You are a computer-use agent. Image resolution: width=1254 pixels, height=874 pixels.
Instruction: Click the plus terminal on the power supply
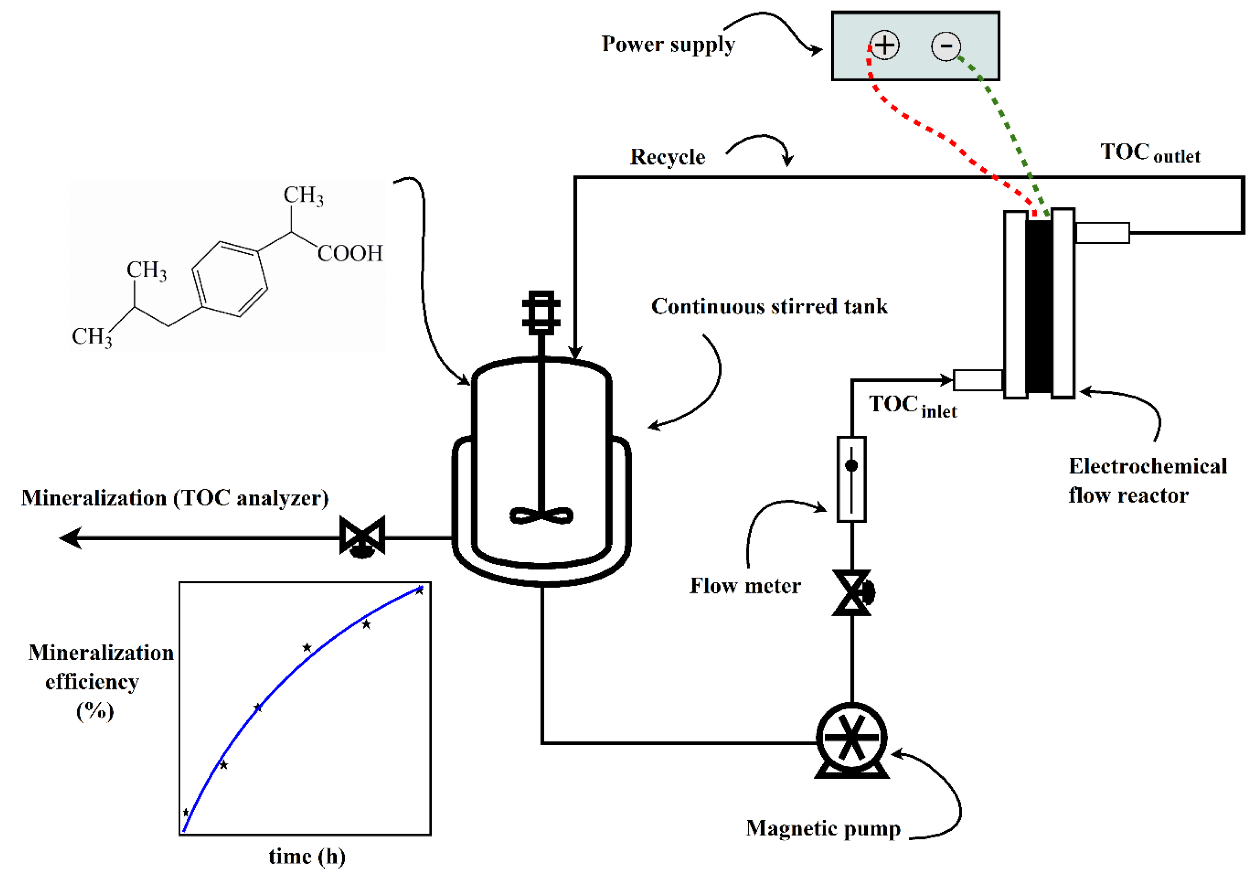pos(884,46)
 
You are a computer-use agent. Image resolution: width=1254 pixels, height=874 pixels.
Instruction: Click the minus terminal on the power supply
pos(945,46)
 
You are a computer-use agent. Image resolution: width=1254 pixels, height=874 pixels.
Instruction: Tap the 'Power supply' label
pos(668,44)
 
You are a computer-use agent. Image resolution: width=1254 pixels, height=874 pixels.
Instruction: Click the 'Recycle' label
pos(668,157)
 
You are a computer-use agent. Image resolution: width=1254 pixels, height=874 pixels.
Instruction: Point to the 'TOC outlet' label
pos(1150,152)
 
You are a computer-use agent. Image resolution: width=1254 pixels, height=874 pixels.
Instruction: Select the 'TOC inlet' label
pos(912,407)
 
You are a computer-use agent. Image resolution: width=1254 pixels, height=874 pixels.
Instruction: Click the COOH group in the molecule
pos(350,254)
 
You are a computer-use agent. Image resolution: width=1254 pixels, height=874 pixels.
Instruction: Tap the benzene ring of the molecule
pos(230,279)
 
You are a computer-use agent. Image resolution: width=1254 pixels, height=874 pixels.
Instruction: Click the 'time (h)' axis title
pos(307,857)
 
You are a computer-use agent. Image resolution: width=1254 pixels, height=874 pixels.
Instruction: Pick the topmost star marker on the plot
pos(419,590)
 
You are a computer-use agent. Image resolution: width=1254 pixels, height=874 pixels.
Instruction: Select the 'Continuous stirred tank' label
pos(769,307)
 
